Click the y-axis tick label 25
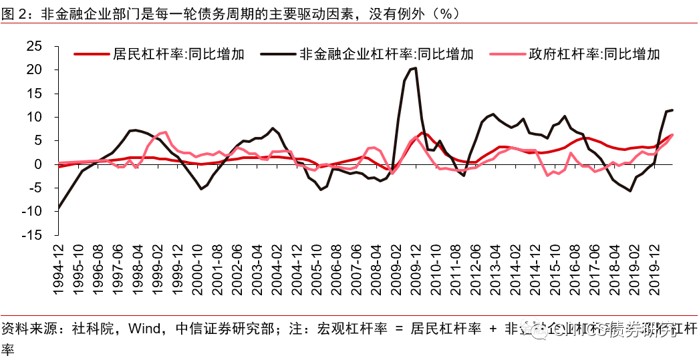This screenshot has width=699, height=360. point(33,47)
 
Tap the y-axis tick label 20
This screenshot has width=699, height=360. point(33,70)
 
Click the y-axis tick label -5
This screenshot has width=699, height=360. point(33,188)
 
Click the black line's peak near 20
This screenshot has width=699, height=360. point(415,68)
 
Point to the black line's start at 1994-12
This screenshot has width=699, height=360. point(59,209)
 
